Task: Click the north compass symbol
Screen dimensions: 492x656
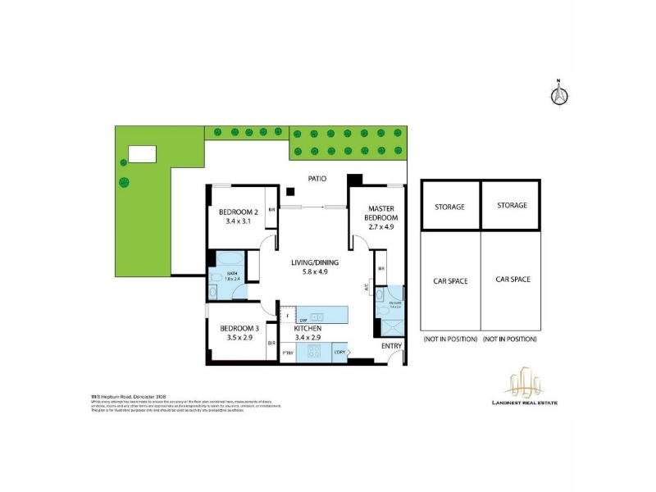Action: click(558, 93)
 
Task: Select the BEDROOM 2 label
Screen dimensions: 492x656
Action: click(239, 211)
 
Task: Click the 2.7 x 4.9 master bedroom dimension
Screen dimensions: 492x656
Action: click(382, 227)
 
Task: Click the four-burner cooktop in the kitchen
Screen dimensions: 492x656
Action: click(315, 351)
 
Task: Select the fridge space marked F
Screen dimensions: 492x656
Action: click(288, 315)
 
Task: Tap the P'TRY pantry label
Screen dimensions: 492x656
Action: click(288, 353)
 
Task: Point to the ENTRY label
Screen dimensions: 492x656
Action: click(391, 346)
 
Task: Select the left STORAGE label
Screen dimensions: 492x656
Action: click(449, 207)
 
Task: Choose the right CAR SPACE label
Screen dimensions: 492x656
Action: click(512, 280)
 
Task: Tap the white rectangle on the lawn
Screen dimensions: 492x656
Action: click(141, 154)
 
